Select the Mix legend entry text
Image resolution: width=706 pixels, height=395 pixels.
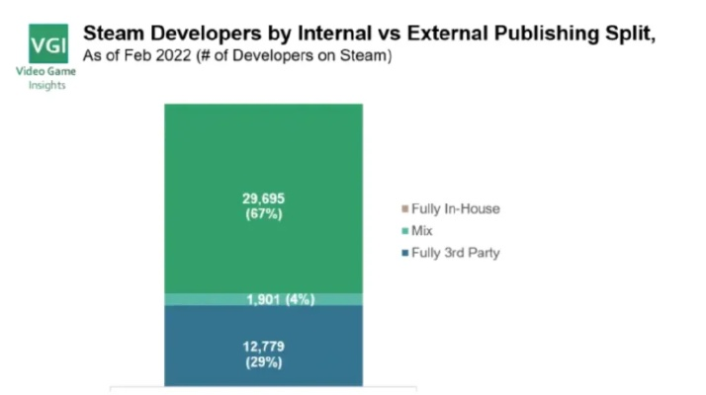pos(422,231)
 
